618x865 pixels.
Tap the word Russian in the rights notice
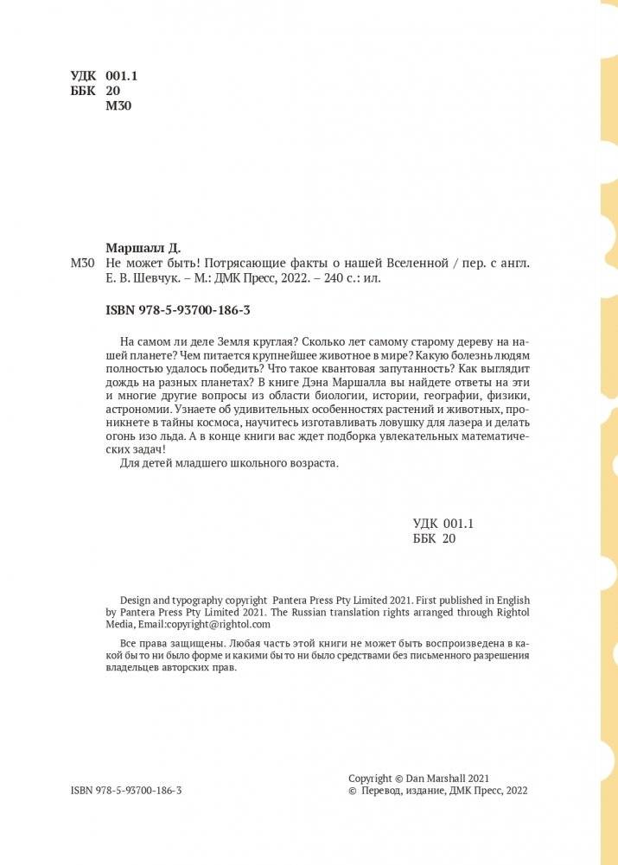(x=314, y=612)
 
